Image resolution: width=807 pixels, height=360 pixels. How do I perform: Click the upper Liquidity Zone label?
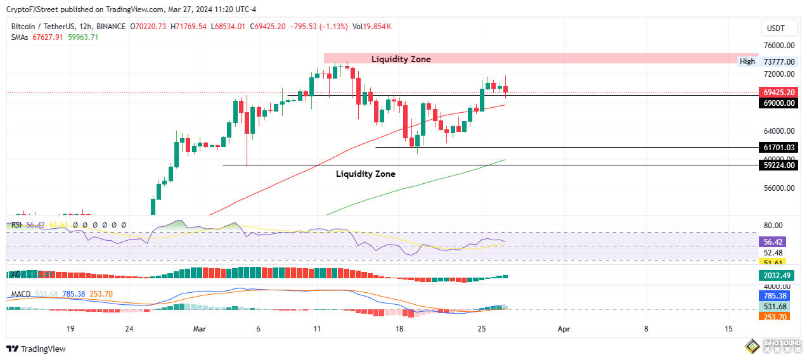(x=401, y=59)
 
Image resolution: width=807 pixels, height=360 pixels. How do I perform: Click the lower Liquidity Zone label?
(x=365, y=174)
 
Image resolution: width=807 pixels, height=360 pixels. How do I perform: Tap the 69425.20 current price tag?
(x=779, y=93)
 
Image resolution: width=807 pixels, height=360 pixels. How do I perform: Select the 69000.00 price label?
(x=779, y=103)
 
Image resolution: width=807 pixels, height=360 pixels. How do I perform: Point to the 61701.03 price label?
(x=779, y=148)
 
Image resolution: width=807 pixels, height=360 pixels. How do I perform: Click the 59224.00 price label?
(x=779, y=165)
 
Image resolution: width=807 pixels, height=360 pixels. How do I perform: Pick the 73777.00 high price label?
(x=779, y=62)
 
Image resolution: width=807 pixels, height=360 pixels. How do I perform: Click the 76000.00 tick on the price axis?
(x=779, y=46)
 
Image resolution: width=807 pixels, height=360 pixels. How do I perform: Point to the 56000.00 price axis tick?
(x=779, y=188)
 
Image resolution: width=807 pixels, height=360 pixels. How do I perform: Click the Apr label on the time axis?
(x=564, y=329)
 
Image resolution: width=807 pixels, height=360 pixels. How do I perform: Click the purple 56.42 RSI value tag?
(x=773, y=241)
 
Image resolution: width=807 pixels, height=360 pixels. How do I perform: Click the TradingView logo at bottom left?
(x=36, y=349)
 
